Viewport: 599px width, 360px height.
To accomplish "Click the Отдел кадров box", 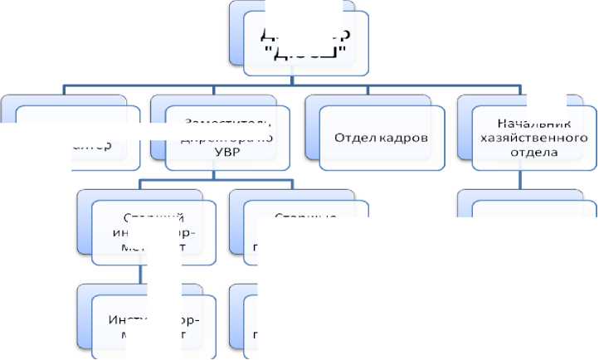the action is point(382,138).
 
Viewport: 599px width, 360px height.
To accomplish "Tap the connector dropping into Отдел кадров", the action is point(368,90).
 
